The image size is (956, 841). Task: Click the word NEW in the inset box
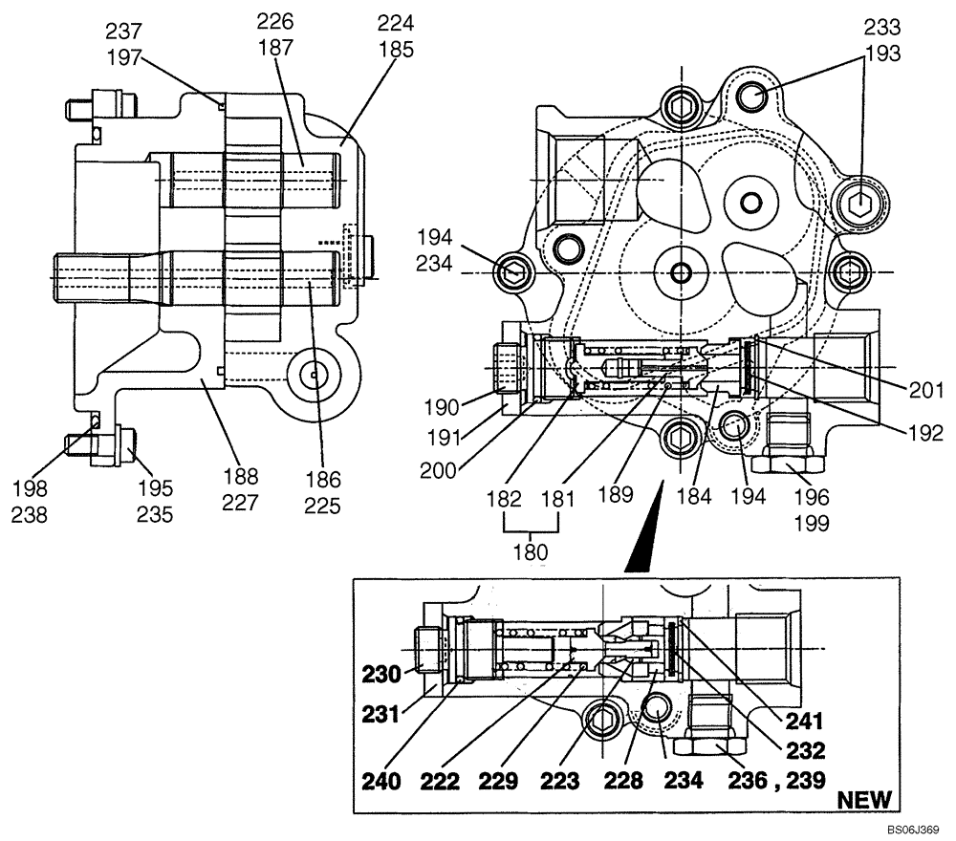864,799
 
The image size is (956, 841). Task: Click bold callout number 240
381,782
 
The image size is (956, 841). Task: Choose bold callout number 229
499,782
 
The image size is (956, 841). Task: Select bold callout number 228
622,782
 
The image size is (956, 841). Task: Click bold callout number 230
381,674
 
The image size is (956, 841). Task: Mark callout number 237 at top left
121,34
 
